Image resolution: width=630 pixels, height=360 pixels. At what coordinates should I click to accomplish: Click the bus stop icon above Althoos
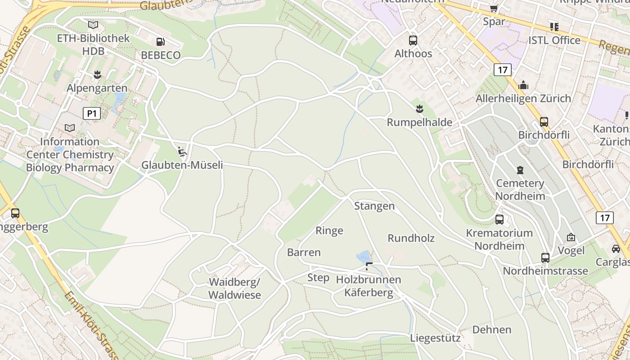pyautogui.click(x=413, y=40)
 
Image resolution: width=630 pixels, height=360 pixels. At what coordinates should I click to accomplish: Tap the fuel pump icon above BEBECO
pyautogui.click(x=160, y=42)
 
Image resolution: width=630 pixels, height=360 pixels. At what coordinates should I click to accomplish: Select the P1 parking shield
pyautogui.click(x=91, y=113)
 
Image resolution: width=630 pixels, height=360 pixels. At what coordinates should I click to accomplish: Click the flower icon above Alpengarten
pyautogui.click(x=97, y=74)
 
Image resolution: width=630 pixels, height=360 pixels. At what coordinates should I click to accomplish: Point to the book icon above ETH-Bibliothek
pyautogui.click(x=93, y=25)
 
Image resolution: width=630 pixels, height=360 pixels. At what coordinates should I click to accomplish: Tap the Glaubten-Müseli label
pyautogui.click(x=182, y=165)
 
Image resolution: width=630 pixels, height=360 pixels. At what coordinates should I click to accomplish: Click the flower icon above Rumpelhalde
pyautogui.click(x=419, y=108)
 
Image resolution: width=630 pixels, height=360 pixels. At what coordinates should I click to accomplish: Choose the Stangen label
pyautogui.click(x=374, y=206)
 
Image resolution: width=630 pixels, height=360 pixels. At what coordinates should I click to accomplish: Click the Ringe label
pyautogui.click(x=329, y=230)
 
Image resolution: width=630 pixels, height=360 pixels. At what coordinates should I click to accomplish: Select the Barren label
pyautogui.click(x=304, y=252)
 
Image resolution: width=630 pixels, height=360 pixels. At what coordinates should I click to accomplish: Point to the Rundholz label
pyautogui.click(x=411, y=238)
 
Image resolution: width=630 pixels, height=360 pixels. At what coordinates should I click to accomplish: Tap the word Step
pyautogui.click(x=318, y=277)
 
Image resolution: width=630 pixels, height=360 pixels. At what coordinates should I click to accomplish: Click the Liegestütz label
pyautogui.click(x=435, y=338)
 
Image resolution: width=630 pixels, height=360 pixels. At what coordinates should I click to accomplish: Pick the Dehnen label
pyautogui.click(x=492, y=329)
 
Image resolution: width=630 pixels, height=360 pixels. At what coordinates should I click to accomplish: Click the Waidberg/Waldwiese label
pyautogui.click(x=234, y=288)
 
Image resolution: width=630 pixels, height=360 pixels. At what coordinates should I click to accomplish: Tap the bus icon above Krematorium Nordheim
pyautogui.click(x=499, y=220)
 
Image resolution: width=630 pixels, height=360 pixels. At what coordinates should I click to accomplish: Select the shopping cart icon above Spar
pyautogui.click(x=494, y=8)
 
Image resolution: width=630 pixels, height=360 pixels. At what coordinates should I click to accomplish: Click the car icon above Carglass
pyautogui.click(x=616, y=248)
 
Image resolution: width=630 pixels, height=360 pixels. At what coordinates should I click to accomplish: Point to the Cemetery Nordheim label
pyautogui.click(x=520, y=189)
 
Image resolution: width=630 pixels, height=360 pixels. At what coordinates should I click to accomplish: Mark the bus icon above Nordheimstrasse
pyautogui.click(x=545, y=258)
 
